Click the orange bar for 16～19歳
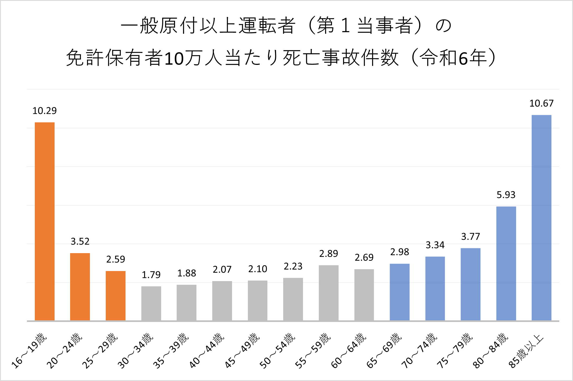point(45,221)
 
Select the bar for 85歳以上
point(541,218)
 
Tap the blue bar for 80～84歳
point(506,263)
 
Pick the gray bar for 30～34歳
point(151,303)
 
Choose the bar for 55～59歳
point(329,293)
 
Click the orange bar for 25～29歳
point(115,296)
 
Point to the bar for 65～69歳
point(399,292)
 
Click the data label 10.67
point(541,103)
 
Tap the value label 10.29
point(45,111)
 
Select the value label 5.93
point(506,195)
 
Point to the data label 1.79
point(151,275)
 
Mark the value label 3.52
point(80,242)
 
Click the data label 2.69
point(364,258)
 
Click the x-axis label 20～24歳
point(65,350)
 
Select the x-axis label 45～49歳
point(242,350)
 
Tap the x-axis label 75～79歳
point(455,350)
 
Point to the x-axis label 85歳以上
point(526,351)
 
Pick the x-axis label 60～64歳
point(349,350)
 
